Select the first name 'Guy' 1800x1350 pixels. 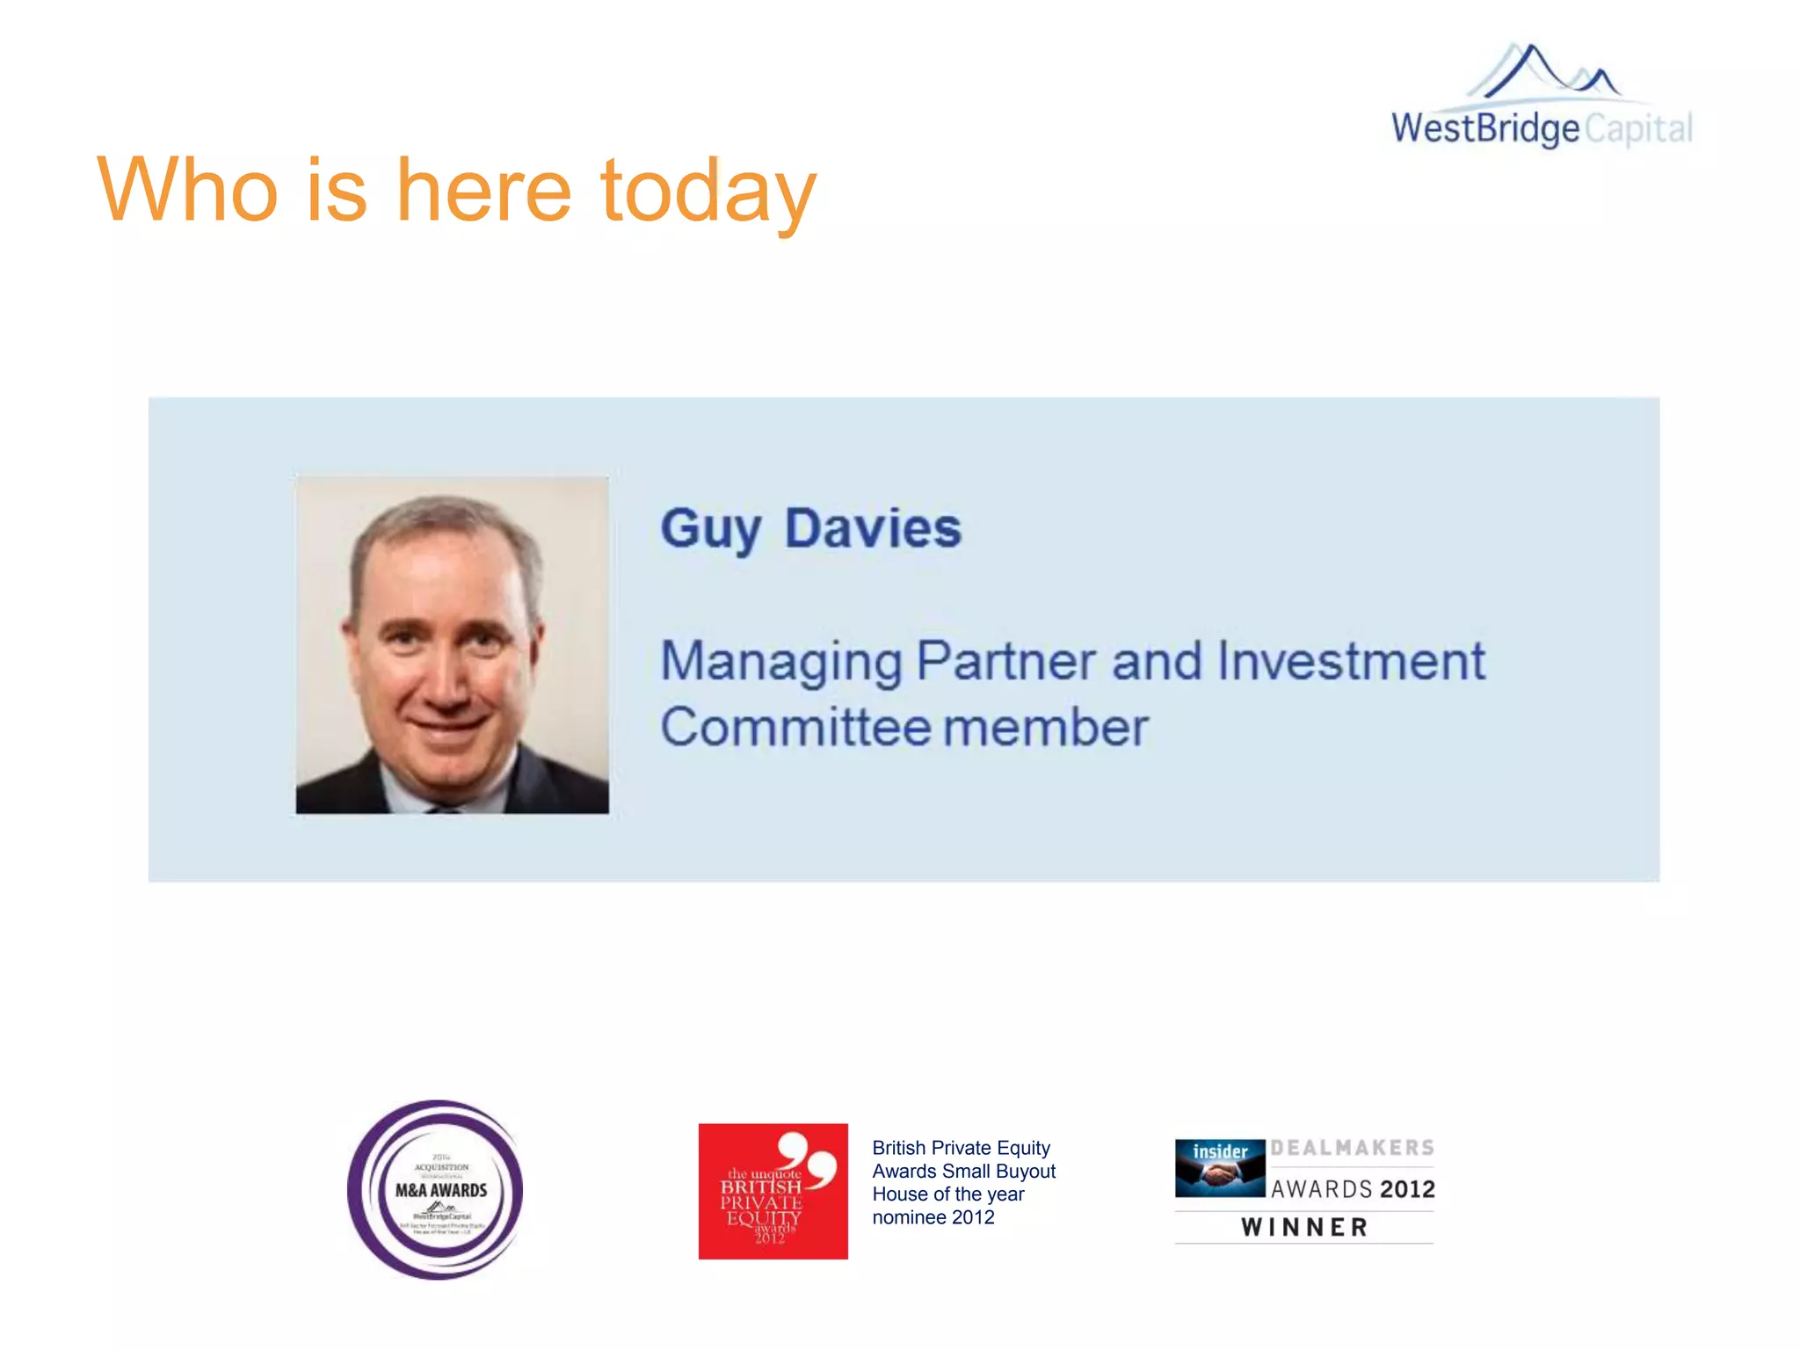[710, 529]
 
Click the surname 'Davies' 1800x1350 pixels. [873, 528]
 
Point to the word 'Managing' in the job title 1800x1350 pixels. [780, 662]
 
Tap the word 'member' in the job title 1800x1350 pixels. [1046, 728]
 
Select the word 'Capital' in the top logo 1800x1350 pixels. [1638, 129]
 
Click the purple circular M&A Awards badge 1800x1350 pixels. [436, 1189]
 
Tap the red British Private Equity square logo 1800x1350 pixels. [773, 1191]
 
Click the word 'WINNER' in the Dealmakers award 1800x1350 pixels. [1304, 1227]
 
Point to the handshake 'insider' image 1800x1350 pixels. [1220, 1168]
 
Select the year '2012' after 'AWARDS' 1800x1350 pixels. [1407, 1189]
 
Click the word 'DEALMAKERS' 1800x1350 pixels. [1352, 1148]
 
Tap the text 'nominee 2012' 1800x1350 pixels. [933, 1217]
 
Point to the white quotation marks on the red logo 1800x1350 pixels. [807, 1158]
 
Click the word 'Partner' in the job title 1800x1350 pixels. [1007, 661]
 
